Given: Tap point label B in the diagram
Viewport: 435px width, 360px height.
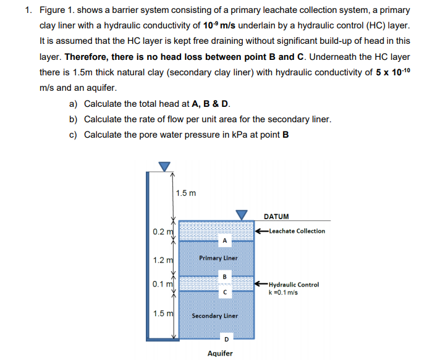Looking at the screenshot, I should [226, 275].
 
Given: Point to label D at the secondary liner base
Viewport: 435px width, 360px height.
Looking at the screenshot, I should [226, 339].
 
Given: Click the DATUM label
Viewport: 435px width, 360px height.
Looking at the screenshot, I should [276, 216].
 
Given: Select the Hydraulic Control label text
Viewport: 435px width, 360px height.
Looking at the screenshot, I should [295, 285].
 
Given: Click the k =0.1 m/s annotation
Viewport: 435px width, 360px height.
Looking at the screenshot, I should [284, 292].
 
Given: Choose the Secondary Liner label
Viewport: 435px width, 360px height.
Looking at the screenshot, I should [214, 316].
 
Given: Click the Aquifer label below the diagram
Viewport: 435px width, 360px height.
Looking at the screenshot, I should [220, 353].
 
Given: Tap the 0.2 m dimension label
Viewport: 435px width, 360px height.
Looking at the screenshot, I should [161, 232].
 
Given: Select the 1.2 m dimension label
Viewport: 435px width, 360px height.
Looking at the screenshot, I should [161, 261].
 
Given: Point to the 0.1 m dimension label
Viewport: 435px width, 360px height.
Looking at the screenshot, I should [161, 284].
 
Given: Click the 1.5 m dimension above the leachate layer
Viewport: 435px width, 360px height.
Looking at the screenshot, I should [186, 193].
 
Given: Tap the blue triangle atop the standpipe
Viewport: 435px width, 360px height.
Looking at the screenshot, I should [163, 166].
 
